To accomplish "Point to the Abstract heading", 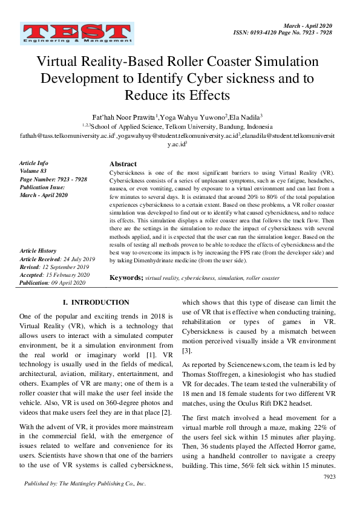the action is pyautogui.click(x=123, y=164).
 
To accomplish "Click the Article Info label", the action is pyautogui.click(x=33, y=163).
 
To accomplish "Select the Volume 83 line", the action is pyautogui.click(x=35, y=171).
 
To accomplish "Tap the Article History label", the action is pyautogui.click(x=38, y=250).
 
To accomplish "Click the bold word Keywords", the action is pyautogui.click(x=126, y=277).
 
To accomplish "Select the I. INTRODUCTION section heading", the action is pyautogui.click(x=96, y=302).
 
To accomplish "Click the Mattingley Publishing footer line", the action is pyautogui.click(x=85, y=484).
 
